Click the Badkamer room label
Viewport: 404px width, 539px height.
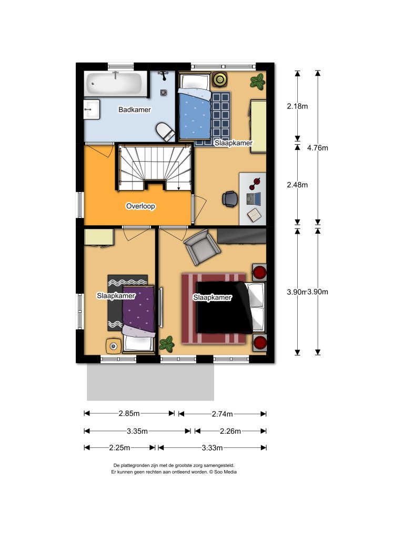(x=135, y=110)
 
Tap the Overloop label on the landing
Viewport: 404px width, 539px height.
(x=140, y=207)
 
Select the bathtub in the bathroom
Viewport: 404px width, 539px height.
(x=114, y=84)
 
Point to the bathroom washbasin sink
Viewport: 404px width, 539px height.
(x=91, y=109)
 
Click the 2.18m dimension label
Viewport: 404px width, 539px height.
(x=297, y=106)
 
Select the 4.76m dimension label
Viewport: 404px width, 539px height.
(x=317, y=148)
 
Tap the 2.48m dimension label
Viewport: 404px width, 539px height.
(x=297, y=185)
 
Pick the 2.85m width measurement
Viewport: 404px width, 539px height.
(x=129, y=414)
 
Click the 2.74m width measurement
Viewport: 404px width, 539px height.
(x=223, y=414)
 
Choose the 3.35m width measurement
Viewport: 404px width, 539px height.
(x=137, y=431)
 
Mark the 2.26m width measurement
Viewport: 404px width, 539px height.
(x=230, y=431)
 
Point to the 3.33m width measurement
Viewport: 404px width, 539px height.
(x=213, y=448)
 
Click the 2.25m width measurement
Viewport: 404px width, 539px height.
(x=120, y=448)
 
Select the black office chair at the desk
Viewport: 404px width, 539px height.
(x=230, y=198)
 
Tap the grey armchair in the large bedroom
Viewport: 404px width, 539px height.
(x=201, y=247)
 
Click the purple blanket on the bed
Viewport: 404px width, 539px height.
(x=139, y=311)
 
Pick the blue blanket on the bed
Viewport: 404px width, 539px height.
(x=194, y=113)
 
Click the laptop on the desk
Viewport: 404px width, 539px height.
(x=253, y=198)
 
